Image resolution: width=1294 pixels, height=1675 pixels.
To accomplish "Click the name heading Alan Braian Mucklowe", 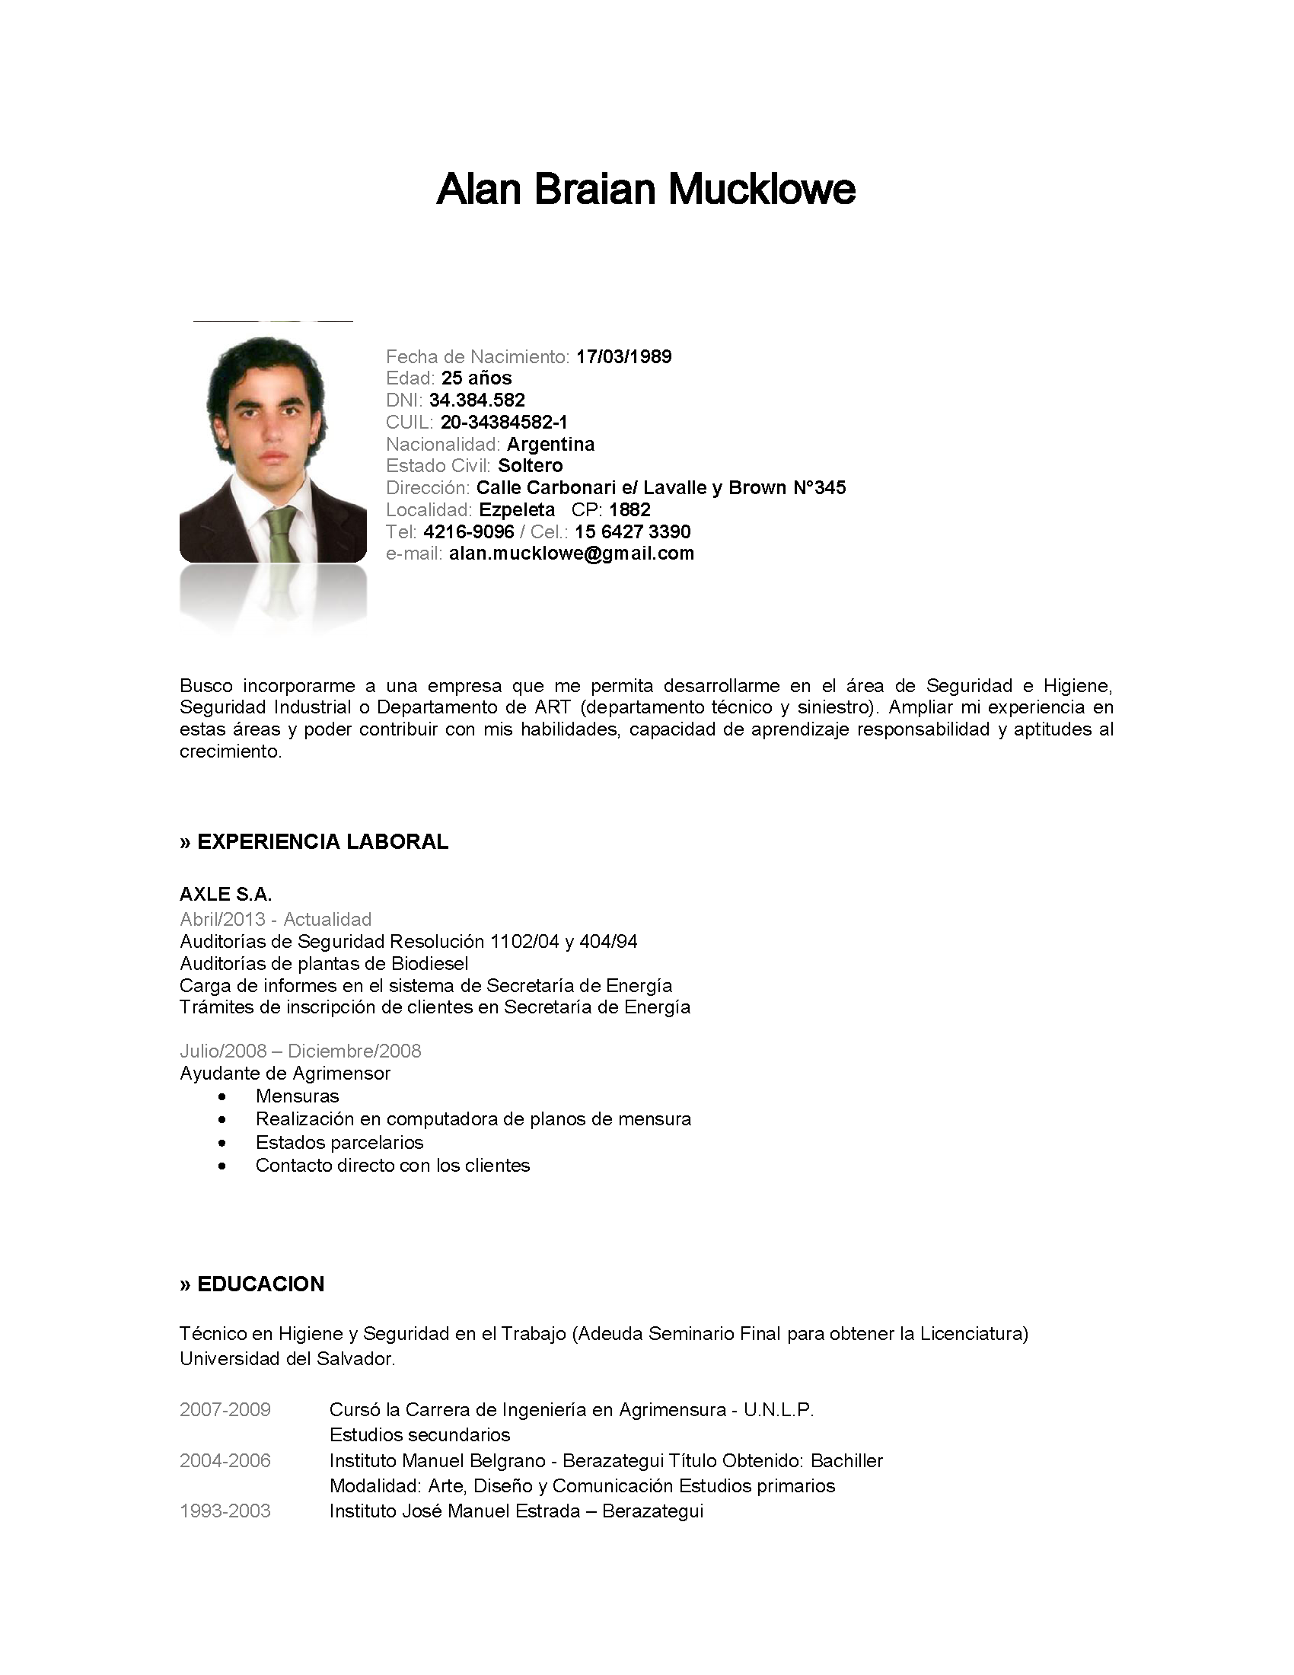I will tap(645, 190).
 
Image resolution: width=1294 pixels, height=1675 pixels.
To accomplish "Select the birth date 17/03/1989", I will tap(624, 356).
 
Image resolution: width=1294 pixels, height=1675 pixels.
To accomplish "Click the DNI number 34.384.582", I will tap(476, 400).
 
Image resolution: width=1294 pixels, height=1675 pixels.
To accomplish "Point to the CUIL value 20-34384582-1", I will tap(505, 423).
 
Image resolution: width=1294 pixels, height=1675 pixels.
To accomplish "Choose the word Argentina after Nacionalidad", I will tap(550, 445).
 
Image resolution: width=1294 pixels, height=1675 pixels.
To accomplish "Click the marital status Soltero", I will tap(531, 466).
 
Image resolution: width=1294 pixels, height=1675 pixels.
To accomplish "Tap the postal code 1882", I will tap(630, 510).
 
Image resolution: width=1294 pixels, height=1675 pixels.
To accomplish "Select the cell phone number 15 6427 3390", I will tap(633, 532).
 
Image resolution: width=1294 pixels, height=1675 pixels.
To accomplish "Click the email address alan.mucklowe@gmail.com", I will tap(572, 554).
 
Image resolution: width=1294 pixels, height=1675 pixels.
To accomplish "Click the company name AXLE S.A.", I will tap(225, 895).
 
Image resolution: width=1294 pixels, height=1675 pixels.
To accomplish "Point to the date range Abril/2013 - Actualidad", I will tap(276, 920).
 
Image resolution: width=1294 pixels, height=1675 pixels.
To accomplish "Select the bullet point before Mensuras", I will tap(222, 1096).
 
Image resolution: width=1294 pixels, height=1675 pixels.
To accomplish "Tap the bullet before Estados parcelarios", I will tap(222, 1144).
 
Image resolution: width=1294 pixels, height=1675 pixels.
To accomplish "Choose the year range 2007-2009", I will tap(225, 1409).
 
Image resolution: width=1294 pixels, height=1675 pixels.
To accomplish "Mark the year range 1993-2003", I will tap(225, 1511).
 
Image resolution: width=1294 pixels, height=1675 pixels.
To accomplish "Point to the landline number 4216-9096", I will tap(468, 532).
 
